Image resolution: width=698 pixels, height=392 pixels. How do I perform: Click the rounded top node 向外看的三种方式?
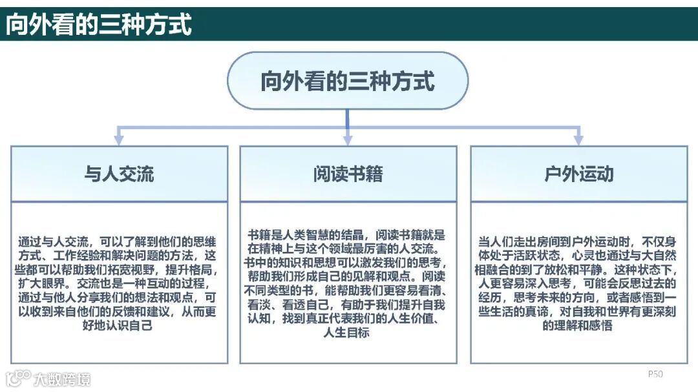click(x=348, y=81)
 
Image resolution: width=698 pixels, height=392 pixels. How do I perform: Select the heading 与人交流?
click(x=119, y=174)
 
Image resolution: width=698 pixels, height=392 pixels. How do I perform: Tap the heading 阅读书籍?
click(x=348, y=174)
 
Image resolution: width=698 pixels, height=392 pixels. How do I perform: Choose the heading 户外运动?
click(x=578, y=174)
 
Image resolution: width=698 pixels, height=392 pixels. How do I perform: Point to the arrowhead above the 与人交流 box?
click(x=118, y=139)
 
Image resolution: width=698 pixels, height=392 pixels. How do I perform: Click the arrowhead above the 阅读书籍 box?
click(x=348, y=139)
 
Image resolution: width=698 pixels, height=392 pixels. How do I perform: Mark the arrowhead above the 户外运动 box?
click(x=578, y=139)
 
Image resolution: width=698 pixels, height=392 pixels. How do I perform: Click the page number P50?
click(x=655, y=374)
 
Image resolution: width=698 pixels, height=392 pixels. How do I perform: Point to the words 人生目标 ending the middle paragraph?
click(x=347, y=333)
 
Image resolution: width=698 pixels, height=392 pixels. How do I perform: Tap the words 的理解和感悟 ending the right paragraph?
click(x=578, y=326)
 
